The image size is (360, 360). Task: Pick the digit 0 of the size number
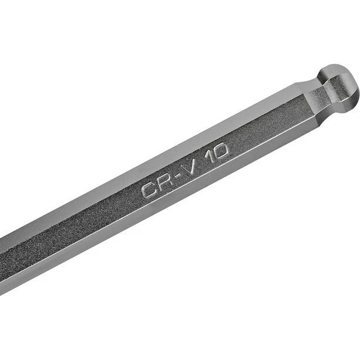[x=220, y=152]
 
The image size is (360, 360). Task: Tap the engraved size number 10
[x=217, y=153]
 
